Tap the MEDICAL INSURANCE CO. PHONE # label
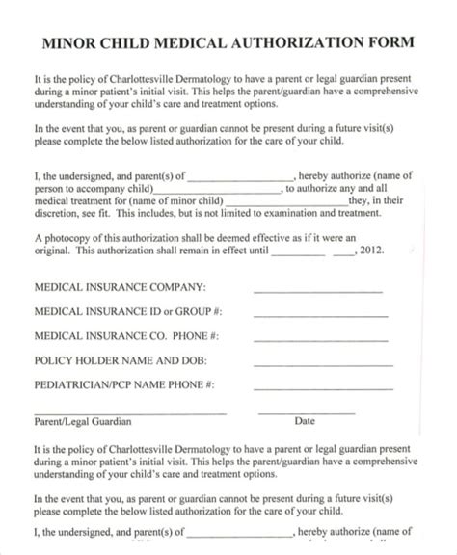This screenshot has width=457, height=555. [x=126, y=336]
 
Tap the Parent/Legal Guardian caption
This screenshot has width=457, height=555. [x=83, y=422]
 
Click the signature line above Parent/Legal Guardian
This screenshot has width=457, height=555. [x=130, y=413]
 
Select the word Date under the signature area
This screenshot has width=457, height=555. [x=305, y=422]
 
